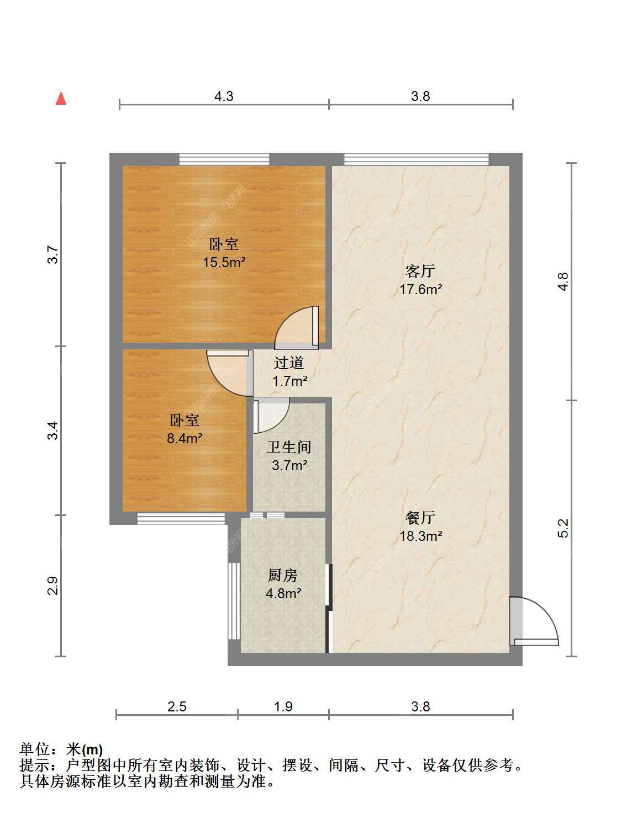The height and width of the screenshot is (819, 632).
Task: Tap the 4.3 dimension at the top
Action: tap(224, 97)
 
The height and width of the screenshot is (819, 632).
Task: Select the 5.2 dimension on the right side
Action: tap(562, 528)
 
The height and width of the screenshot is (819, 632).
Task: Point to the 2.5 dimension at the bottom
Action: tap(177, 706)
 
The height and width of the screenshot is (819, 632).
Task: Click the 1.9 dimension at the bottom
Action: tap(283, 706)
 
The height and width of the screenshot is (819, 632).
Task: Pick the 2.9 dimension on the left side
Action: tap(53, 586)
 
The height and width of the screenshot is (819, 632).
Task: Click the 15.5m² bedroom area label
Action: tap(224, 262)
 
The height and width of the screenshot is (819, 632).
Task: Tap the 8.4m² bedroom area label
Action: tap(185, 438)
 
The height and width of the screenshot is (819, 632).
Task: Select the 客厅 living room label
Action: tap(420, 271)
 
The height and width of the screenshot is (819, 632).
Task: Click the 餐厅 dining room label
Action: tap(420, 518)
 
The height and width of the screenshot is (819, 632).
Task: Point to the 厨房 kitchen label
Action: tap(283, 576)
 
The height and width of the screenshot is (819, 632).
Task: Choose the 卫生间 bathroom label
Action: tap(289, 448)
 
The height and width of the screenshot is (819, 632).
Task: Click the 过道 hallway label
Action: tap(289, 363)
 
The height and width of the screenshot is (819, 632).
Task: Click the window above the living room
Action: tap(417, 159)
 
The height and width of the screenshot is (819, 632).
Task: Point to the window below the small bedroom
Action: tap(181, 519)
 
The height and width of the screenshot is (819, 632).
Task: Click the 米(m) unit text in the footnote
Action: tap(85, 750)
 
